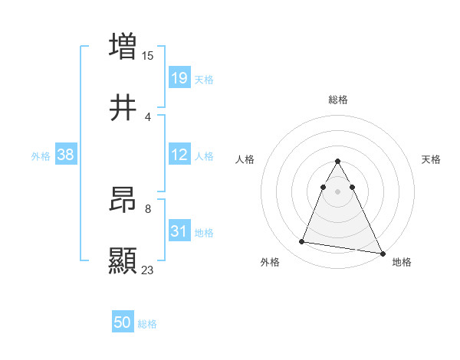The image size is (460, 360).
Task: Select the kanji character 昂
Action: (x=123, y=200)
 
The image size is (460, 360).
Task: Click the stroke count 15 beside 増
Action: (x=148, y=56)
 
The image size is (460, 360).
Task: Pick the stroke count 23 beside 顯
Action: (x=148, y=270)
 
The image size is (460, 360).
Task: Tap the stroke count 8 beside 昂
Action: (x=148, y=208)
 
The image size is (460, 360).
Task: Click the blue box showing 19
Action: (x=179, y=77)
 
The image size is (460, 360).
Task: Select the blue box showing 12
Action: (x=179, y=155)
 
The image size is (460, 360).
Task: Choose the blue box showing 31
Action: (x=179, y=231)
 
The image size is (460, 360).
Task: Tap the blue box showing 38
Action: (x=66, y=155)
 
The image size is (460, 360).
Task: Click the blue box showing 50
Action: (x=123, y=322)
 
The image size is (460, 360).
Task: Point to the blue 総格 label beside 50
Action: (x=147, y=324)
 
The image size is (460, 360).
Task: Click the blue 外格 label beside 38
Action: (x=41, y=156)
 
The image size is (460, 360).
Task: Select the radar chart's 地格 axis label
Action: (x=402, y=262)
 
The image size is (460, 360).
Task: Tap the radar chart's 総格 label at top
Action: (x=338, y=100)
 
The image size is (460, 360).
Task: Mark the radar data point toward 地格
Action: (x=383, y=254)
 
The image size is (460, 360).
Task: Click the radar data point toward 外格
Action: (x=302, y=242)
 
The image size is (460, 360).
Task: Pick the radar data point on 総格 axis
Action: (x=338, y=162)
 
